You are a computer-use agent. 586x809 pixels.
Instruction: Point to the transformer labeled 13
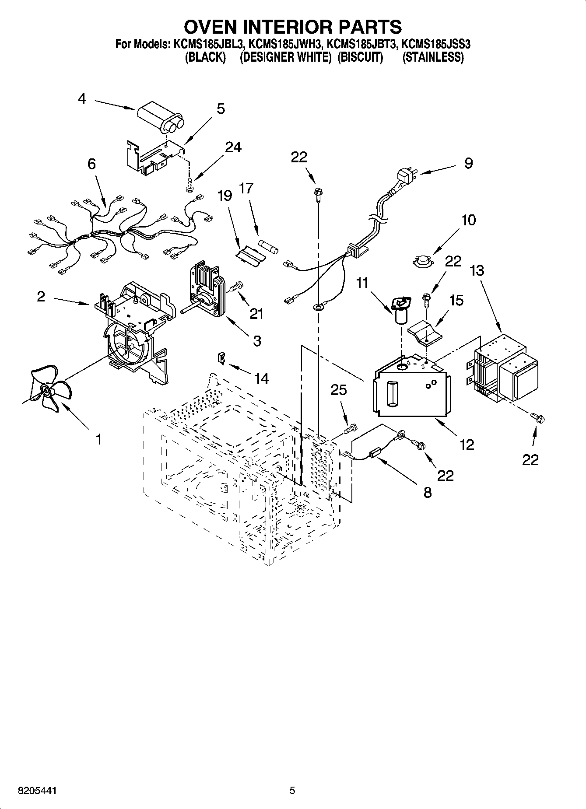coord(505,370)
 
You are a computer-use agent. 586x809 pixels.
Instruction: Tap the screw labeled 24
coord(189,185)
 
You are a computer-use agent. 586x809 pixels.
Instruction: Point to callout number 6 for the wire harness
coord(91,165)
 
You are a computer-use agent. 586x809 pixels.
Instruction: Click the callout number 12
coord(467,445)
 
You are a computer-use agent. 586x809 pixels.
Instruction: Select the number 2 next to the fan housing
coord(41,297)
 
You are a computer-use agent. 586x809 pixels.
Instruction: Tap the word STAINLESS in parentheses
coord(433,57)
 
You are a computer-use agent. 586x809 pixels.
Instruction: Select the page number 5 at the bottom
coord(292,790)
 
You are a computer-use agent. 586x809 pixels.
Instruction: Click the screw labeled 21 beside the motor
coord(235,287)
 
